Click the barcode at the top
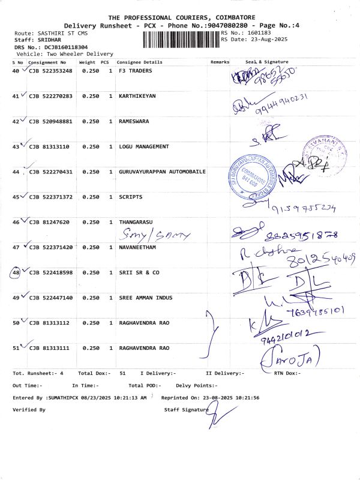(181, 40)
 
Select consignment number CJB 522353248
(50, 71)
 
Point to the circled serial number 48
(16, 272)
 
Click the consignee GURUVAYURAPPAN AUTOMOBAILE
(162, 172)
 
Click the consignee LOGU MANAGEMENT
(144, 146)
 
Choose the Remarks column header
(220, 62)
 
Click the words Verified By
(29, 409)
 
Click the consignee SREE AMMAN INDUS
(146, 298)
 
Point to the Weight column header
(87, 62)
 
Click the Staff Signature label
(187, 409)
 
